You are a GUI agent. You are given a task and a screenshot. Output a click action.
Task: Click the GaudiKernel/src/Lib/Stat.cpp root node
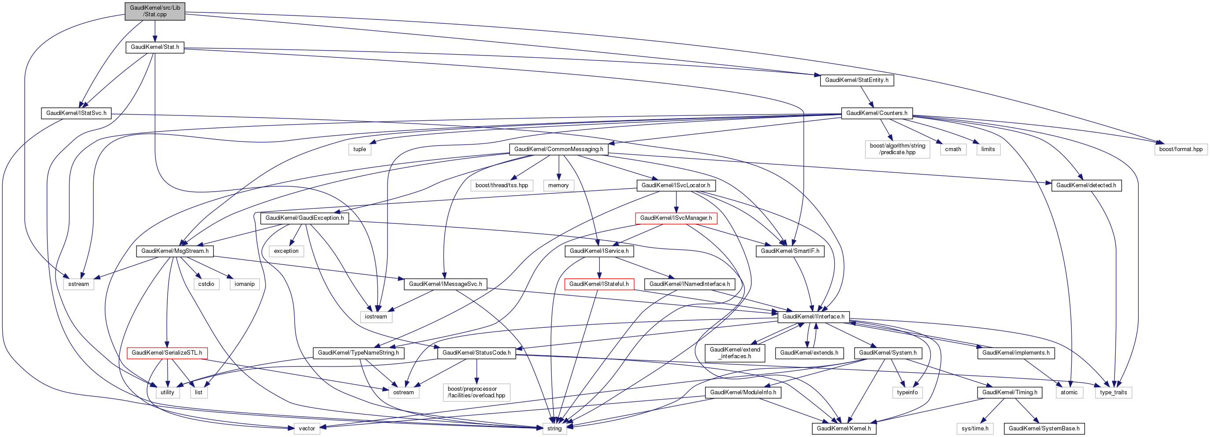coord(155,11)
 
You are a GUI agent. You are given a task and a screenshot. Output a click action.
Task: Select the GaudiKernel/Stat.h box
coord(155,48)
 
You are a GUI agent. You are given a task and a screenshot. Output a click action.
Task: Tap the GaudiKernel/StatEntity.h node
coord(856,80)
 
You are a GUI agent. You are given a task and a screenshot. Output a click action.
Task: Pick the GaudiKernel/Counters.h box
coord(877,113)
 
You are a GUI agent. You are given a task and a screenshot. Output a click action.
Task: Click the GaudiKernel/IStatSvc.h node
coord(76,113)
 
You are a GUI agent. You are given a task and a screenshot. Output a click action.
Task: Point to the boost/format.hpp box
coord(1180,149)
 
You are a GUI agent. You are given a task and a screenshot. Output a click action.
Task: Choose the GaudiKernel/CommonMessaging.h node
coord(558,149)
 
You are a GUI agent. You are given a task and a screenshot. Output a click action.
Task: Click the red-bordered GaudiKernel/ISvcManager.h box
coord(675,218)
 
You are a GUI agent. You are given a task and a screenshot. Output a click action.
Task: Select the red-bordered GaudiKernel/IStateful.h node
coord(599,284)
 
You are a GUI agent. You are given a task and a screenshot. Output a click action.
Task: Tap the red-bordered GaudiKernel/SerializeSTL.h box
coord(167,353)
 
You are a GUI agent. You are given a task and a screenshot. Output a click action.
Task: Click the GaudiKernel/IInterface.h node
coord(813,317)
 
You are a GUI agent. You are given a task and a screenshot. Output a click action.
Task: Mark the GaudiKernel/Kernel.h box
coord(844,429)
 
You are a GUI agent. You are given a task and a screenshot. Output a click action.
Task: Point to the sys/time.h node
coord(975,429)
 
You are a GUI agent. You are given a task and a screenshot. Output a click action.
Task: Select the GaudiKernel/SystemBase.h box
coord(1044,429)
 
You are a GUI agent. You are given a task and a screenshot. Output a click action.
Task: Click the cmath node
coord(952,149)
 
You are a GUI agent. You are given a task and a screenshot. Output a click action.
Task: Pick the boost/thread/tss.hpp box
coord(502,185)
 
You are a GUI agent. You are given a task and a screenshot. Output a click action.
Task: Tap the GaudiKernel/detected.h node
coord(1086,185)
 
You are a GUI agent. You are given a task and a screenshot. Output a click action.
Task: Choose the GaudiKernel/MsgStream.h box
coord(175,252)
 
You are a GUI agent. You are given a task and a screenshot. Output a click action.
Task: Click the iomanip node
coord(244,284)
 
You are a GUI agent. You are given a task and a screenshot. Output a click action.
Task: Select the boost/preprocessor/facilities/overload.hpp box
coord(476,393)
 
